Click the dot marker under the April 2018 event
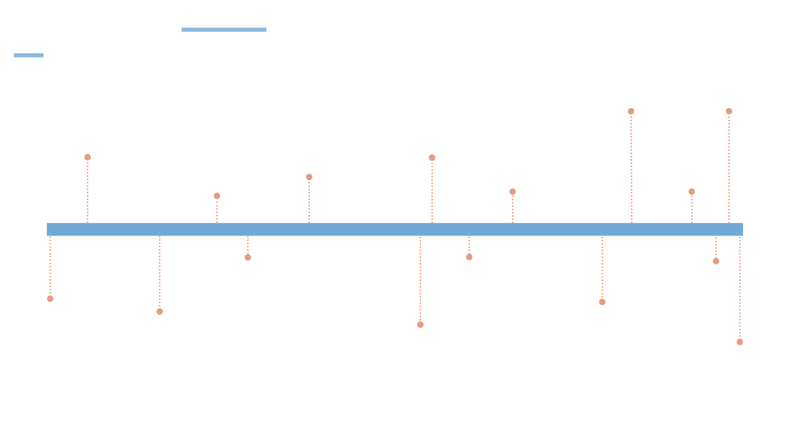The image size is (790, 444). point(88,157)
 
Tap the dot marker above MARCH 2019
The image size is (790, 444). point(248,257)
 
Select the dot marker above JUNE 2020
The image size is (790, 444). point(469,257)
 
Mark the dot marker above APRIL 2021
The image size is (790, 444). point(602,302)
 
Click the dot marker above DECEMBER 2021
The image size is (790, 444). point(716,261)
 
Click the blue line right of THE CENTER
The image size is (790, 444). point(224,30)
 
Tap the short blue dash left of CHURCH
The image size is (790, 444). point(28,55)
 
